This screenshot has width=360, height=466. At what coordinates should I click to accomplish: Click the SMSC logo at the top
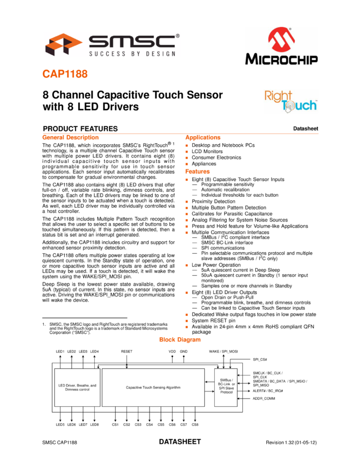[112, 44]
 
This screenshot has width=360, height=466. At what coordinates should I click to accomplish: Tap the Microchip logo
[281, 46]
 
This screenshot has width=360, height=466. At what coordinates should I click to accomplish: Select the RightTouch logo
[291, 101]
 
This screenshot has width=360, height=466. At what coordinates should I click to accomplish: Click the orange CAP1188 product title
[65, 74]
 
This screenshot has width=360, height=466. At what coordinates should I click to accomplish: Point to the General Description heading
[70, 137]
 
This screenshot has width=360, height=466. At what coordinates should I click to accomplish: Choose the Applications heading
[203, 137]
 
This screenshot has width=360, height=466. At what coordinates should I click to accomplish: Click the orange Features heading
[197, 172]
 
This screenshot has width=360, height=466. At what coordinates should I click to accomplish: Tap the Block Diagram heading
[180, 339]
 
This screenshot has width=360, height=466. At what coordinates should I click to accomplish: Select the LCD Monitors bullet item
[207, 151]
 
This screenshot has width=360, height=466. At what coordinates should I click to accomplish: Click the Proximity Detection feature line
[213, 201]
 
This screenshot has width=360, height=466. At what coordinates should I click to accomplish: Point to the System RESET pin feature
[213, 320]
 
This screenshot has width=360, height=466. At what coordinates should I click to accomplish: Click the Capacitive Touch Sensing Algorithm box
[153, 388]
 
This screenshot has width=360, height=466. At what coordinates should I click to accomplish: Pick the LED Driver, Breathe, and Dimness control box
[77, 388]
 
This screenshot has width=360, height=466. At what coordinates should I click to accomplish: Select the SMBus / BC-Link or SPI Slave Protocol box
[226, 388]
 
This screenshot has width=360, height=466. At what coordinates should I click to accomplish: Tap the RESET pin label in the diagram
[127, 351]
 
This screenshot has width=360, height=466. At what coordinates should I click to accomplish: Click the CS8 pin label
[195, 425]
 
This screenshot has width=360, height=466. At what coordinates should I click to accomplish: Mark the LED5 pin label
[60, 425]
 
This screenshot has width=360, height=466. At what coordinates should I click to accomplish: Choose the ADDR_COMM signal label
[264, 398]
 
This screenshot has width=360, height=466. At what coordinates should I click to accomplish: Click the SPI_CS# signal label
[260, 359]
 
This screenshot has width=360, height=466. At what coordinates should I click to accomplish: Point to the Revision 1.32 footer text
[291, 442]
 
